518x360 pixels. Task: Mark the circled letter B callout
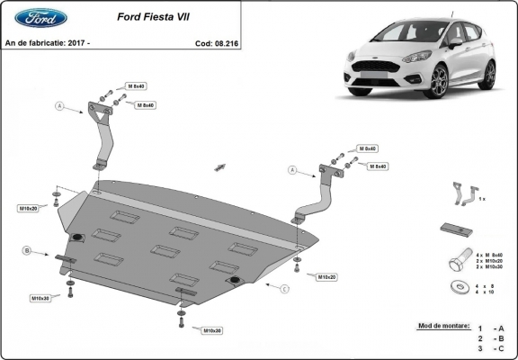27,249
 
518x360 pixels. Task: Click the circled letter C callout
285,289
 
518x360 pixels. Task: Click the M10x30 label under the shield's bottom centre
211,330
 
